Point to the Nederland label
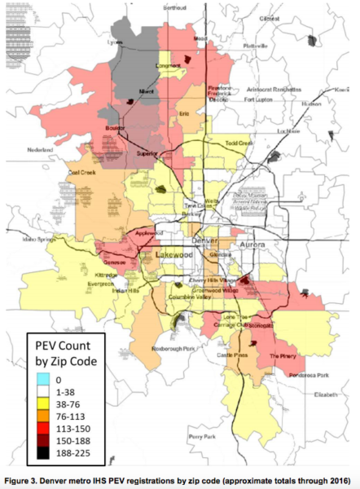point(46,150)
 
